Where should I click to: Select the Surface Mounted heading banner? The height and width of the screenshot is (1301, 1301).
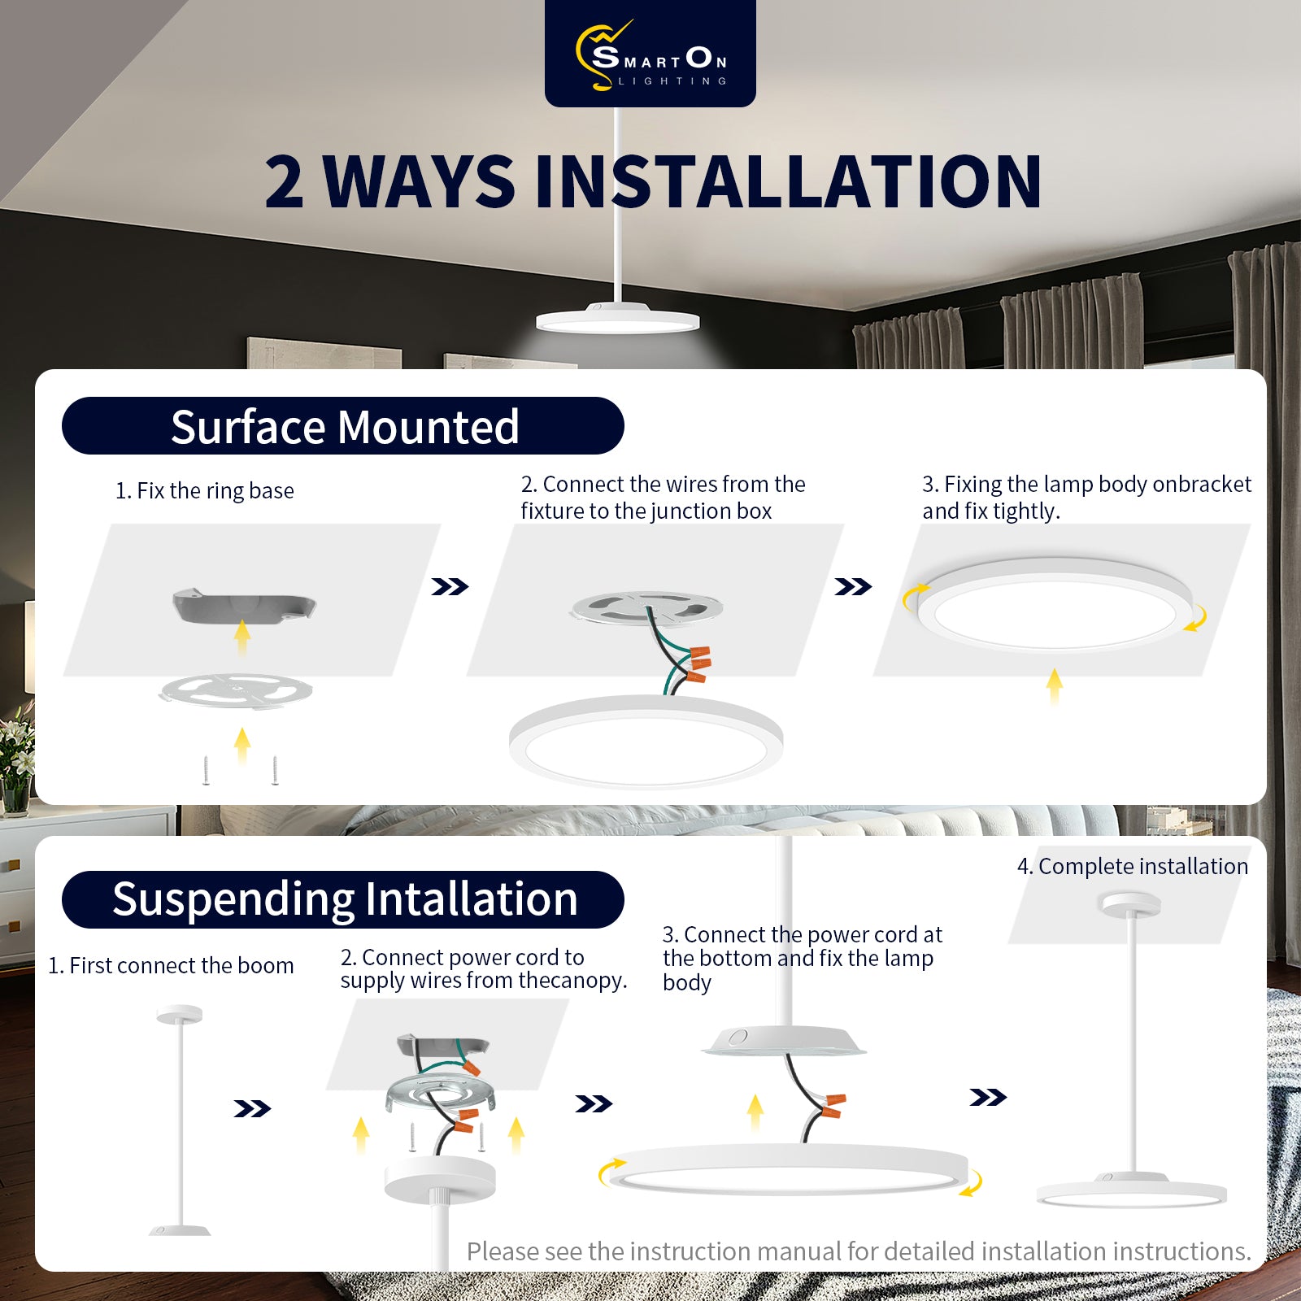tap(343, 426)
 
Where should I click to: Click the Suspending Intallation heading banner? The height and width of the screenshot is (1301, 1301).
tap(343, 899)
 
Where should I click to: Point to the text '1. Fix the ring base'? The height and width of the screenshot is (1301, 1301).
tap(205, 491)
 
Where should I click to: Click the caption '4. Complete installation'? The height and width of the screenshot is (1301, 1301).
tap(1133, 867)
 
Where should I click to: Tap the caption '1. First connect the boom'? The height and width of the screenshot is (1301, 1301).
tap(171, 966)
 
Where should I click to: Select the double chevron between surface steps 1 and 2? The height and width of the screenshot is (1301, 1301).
tap(450, 586)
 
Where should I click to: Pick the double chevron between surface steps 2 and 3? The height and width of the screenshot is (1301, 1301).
tap(853, 586)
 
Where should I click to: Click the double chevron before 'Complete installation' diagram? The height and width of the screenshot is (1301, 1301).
tap(988, 1098)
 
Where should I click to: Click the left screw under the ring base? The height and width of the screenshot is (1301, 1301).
tap(207, 770)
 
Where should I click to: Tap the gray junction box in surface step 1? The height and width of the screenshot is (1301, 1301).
tap(243, 607)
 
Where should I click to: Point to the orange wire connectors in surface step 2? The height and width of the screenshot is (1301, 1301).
tap(698, 663)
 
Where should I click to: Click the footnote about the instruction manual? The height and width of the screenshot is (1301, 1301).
tap(859, 1251)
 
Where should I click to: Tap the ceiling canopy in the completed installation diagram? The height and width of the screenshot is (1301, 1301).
tap(1129, 903)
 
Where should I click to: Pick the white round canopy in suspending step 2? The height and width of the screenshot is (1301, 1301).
tap(440, 1180)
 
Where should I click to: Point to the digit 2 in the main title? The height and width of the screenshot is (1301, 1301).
tap(285, 182)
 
